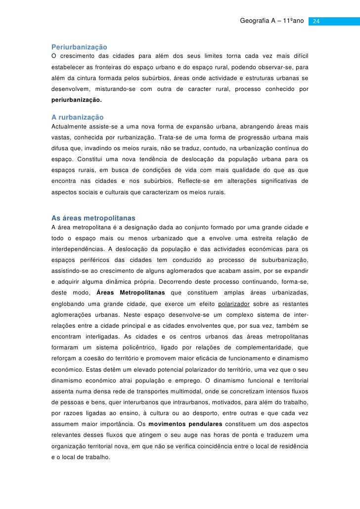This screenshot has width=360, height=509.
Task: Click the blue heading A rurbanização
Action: click(78, 117)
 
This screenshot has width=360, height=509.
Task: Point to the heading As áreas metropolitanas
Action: click(93, 218)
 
